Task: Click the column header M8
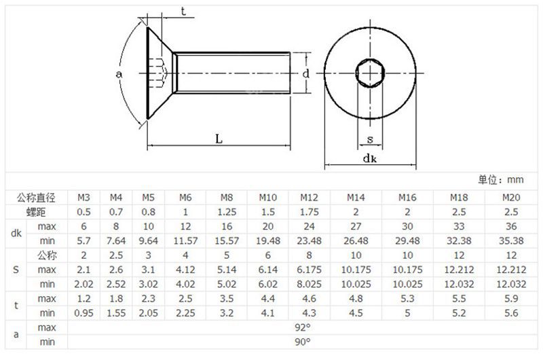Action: (227, 198)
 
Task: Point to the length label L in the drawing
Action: (219, 139)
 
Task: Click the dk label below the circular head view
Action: (369, 158)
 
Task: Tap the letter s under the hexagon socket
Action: (369, 139)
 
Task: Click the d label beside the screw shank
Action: (307, 73)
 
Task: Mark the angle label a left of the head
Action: (119, 72)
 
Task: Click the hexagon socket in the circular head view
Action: (369, 71)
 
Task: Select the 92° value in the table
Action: (301, 327)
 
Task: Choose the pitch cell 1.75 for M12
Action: (309, 211)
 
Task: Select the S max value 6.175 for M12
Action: (309, 270)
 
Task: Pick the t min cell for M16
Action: (407, 313)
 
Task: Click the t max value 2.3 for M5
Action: (148, 299)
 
